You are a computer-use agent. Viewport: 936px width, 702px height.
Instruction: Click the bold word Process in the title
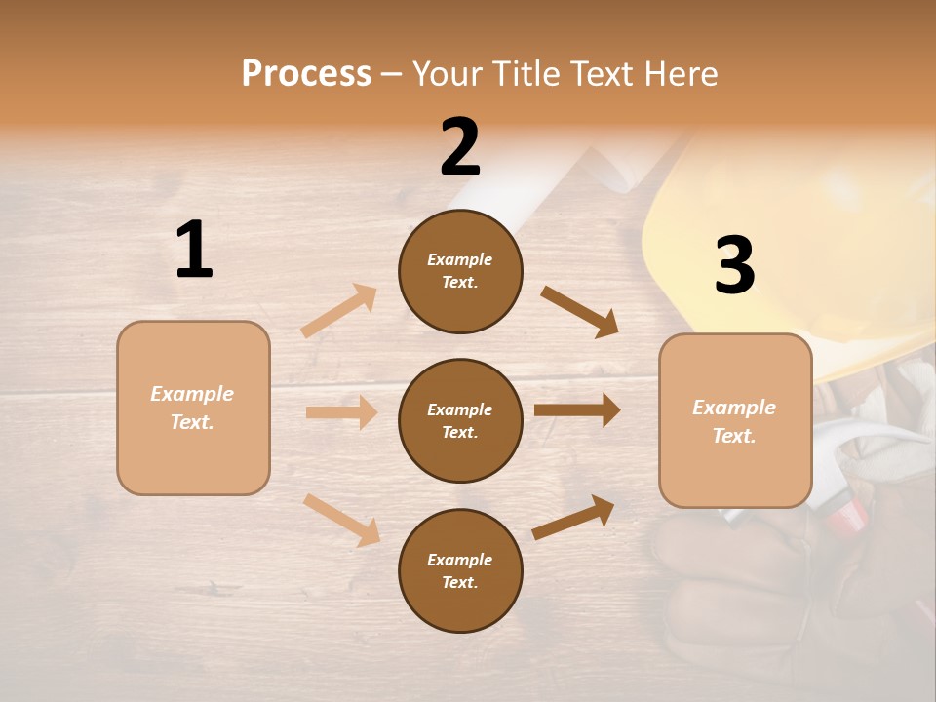[306, 74]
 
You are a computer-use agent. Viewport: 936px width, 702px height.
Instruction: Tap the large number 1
[194, 251]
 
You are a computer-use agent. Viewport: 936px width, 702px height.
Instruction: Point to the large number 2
[460, 147]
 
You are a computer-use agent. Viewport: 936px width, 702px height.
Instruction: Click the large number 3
[734, 266]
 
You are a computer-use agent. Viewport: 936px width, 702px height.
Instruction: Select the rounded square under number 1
[193, 408]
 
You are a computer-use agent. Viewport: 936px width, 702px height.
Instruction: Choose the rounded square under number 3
[735, 421]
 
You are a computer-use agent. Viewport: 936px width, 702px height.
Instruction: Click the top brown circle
[460, 271]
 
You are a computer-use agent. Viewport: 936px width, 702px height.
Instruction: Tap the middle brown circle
[460, 421]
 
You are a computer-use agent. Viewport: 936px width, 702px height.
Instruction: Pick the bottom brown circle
[460, 571]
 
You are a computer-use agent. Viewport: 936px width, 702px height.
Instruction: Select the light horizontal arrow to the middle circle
[342, 412]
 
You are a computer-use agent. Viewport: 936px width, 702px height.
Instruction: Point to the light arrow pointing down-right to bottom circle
[342, 520]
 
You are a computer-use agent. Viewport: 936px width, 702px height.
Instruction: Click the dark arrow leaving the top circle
[580, 312]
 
